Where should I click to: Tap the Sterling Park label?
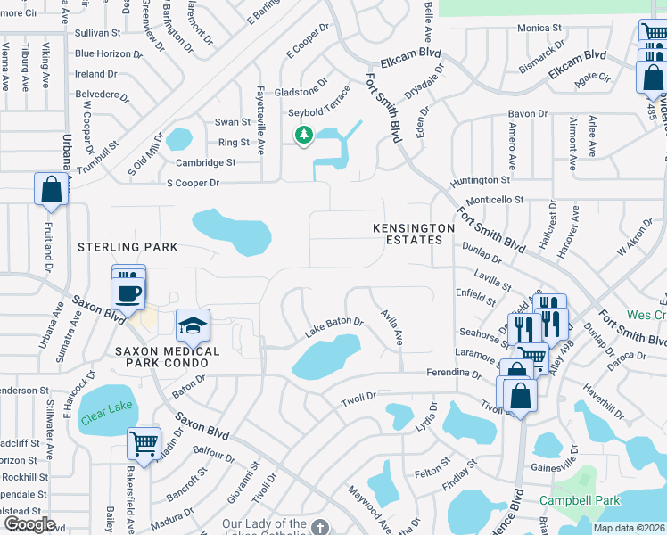pos(128,247)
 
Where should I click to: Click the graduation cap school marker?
pos(192,327)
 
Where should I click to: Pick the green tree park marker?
pos(304,135)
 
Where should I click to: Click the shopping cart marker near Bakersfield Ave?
pos(144,442)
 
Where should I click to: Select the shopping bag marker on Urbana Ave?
pos(51,189)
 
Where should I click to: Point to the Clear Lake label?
pos(106,409)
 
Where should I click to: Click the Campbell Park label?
pos(585,500)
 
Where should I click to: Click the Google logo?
pos(29,524)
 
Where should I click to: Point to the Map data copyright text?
pos(630,528)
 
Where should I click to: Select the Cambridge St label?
pos(205,162)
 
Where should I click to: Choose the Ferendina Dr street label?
pos(454,372)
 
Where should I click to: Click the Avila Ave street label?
pos(392,328)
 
